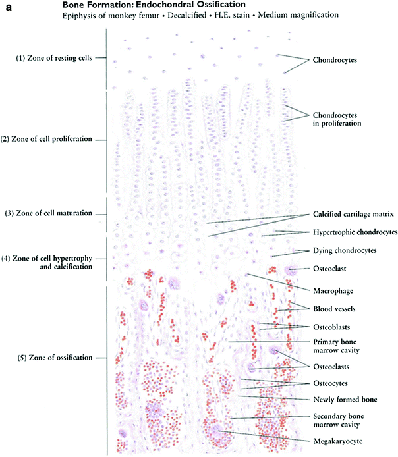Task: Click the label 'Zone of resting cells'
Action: point(54,59)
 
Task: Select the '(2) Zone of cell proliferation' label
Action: point(55,139)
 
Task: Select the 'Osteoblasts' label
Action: point(331,327)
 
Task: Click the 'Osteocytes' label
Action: point(330,383)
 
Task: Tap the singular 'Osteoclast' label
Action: point(327,269)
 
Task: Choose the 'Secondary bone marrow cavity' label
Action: point(339,421)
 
